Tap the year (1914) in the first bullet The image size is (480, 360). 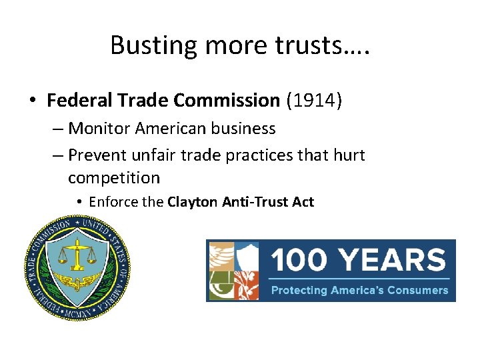pyautogui.click(x=314, y=101)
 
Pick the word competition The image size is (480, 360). pyautogui.click(x=114, y=178)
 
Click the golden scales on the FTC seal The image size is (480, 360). pyautogui.click(x=78, y=253)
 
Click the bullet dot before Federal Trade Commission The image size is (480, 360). pyautogui.click(x=33, y=101)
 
